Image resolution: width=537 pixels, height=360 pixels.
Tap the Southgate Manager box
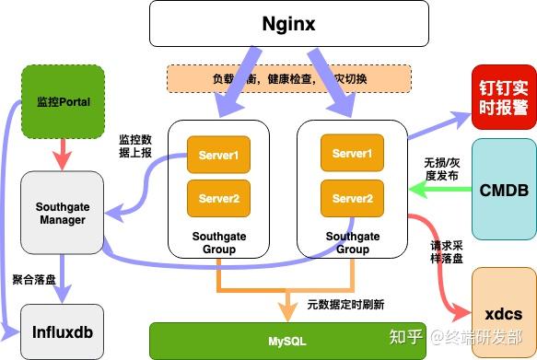[x=61, y=213]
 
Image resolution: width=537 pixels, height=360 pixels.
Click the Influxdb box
[x=61, y=330]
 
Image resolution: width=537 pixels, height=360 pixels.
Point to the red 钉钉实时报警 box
[x=503, y=97]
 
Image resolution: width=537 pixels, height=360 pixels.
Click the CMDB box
[x=503, y=191]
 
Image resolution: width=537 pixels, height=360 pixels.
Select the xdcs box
[x=503, y=312]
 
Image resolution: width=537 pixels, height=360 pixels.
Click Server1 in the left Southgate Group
[x=218, y=156]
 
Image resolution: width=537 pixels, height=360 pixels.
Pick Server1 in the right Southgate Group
[x=352, y=153]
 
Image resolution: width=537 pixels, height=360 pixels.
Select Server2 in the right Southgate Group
[x=352, y=198]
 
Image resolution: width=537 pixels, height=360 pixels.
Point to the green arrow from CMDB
[x=439, y=190]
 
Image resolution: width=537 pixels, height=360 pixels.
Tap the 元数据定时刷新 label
[x=344, y=303]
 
